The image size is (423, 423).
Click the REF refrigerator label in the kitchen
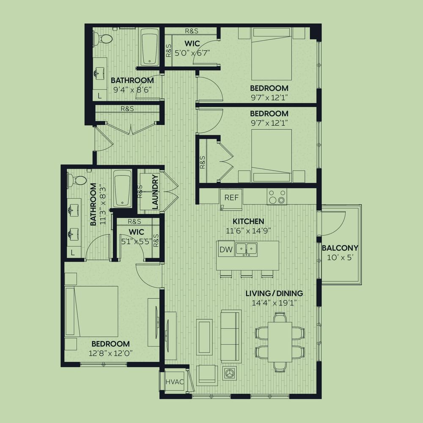(231, 198)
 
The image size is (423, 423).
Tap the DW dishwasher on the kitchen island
(226, 249)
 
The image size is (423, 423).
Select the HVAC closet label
(175, 382)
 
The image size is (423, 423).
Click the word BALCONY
(340, 247)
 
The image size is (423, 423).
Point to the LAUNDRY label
(155, 192)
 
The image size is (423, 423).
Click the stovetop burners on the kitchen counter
(277, 197)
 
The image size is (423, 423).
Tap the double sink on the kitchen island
(246, 249)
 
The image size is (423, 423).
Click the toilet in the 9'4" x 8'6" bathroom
(102, 39)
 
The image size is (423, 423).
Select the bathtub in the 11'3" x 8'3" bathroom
(122, 188)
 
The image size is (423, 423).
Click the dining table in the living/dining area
(280, 342)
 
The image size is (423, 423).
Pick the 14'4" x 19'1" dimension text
(275, 303)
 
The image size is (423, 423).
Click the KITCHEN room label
(248, 222)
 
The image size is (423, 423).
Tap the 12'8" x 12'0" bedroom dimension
(110, 353)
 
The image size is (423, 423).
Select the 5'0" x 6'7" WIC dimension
(192, 53)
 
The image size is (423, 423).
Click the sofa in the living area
(231, 336)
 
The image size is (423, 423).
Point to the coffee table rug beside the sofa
(205, 338)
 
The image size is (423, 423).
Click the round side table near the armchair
(230, 373)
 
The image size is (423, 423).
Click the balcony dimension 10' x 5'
(340, 258)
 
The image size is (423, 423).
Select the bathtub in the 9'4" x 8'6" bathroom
(150, 49)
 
